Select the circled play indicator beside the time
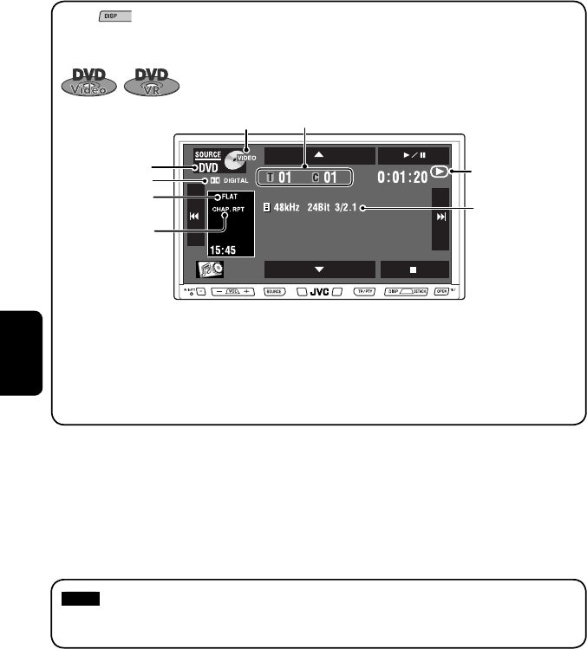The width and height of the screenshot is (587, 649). [441, 172]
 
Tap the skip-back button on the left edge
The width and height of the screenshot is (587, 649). [195, 218]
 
